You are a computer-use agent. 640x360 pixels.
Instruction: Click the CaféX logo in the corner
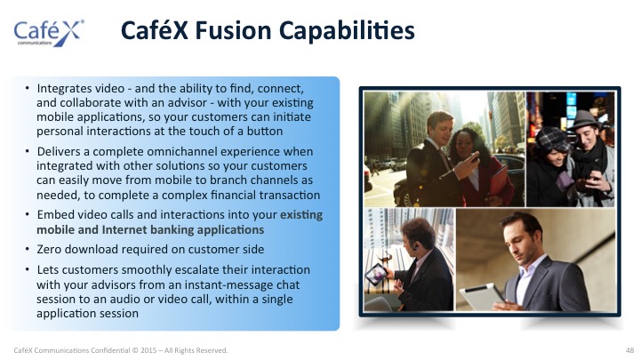[49, 33]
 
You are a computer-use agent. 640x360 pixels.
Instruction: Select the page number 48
[630, 350]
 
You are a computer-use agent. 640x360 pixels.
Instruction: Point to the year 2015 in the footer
[148, 350]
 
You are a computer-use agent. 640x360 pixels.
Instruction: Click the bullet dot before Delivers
[27, 151]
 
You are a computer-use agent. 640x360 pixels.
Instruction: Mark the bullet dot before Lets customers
[27, 269]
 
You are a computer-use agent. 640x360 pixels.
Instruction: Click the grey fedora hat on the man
[584, 120]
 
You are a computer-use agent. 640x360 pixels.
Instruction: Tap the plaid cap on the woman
[550, 138]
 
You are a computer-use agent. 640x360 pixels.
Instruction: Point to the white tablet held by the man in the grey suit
[482, 296]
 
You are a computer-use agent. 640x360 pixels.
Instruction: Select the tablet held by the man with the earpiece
[376, 274]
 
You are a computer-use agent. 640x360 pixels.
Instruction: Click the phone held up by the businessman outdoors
[475, 157]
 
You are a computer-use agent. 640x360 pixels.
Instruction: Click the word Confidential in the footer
[110, 350]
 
